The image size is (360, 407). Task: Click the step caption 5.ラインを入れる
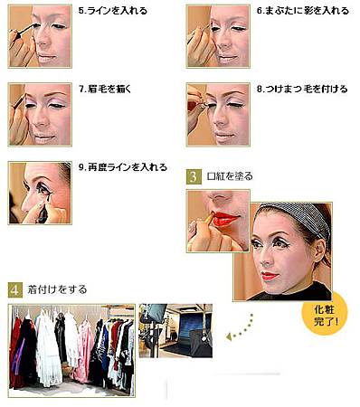[112, 11]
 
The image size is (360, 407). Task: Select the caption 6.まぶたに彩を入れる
[302, 11]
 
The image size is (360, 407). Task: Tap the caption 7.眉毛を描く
[105, 90]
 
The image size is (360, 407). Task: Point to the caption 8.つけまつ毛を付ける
[302, 90]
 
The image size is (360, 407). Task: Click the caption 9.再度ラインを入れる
[123, 167]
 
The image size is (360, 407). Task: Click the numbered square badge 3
[194, 177]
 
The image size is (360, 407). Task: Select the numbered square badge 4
[15, 290]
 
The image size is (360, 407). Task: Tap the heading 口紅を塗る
[230, 176]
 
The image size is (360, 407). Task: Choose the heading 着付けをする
[57, 289]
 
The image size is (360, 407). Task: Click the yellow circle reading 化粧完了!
[325, 314]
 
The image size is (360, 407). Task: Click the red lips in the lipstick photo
[225, 219]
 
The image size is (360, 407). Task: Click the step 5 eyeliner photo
[40, 36]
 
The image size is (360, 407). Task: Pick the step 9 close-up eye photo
[40, 193]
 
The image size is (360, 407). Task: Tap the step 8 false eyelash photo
[218, 115]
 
